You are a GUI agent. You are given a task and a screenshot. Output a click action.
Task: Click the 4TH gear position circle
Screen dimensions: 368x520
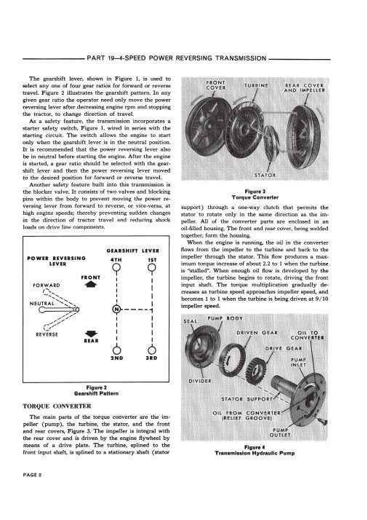[116, 267]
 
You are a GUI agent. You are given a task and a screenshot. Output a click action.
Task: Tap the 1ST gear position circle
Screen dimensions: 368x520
[152, 267]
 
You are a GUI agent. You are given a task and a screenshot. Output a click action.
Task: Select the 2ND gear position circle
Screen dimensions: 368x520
[116, 350]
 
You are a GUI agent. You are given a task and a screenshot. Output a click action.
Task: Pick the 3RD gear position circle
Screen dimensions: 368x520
[152, 350]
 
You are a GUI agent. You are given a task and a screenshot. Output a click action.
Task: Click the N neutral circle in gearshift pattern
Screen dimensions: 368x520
[116, 309]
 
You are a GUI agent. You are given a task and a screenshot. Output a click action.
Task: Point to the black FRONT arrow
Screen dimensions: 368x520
[91, 284]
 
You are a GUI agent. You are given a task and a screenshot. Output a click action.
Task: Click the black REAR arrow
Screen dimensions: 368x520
[91, 334]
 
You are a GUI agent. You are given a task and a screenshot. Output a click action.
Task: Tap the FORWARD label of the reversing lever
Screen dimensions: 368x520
[47, 285]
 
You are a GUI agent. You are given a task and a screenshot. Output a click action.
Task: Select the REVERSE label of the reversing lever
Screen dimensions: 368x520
[47, 334]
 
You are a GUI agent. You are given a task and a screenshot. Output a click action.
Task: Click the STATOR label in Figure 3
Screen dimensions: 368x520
[265, 175]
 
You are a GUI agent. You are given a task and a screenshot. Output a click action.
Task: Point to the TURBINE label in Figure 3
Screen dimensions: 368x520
[257, 85]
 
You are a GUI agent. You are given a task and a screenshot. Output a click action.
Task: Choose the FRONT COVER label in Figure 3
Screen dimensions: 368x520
[215, 85]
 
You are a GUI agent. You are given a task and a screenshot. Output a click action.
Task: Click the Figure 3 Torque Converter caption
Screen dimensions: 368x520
[255, 194]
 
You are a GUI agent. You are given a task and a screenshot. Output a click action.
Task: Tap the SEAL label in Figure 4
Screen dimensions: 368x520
[190, 321]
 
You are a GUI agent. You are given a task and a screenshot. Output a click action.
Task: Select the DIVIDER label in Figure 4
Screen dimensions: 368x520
[200, 381]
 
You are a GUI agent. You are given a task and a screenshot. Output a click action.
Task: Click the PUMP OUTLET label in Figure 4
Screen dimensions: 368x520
[280, 433]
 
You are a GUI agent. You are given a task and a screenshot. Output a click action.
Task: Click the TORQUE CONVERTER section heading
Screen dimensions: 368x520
[57, 406]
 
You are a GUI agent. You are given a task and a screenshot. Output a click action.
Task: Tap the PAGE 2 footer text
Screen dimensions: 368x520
[32, 475]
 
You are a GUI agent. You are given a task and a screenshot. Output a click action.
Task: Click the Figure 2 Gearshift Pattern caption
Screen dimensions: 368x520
[96, 390]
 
